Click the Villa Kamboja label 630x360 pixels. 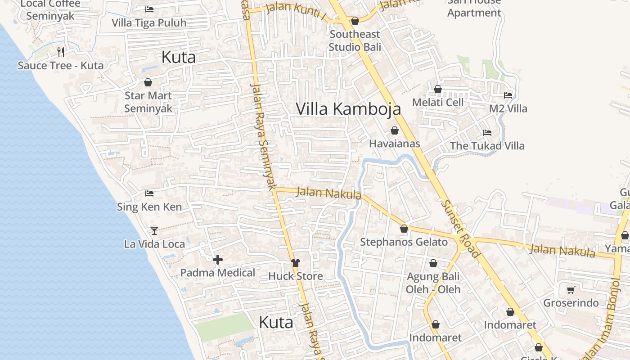[x=348, y=108]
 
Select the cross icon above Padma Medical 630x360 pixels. [x=218, y=260]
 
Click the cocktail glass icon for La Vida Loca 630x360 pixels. [x=154, y=230]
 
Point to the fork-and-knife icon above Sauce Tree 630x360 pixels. [x=61, y=52]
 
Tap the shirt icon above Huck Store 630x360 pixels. [x=296, y=263]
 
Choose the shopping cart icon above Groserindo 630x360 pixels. [x=571, y=290]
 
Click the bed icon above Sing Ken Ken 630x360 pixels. [x=149, y=193]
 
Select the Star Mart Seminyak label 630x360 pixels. [x=148, y=102]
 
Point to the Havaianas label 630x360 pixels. [x=395, y=144]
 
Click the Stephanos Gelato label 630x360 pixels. [x=404, y=242]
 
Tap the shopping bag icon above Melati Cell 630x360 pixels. [x=438, y=89]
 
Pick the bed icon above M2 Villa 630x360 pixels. [x=508, y=95]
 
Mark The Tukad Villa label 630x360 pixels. [x=487, y=146]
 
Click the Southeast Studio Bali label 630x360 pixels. [x=355, y=40]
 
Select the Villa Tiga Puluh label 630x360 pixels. [x=149, y=22]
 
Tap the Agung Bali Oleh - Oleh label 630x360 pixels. [x=433, y=283]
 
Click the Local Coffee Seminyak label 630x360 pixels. [x=50, y=10]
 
